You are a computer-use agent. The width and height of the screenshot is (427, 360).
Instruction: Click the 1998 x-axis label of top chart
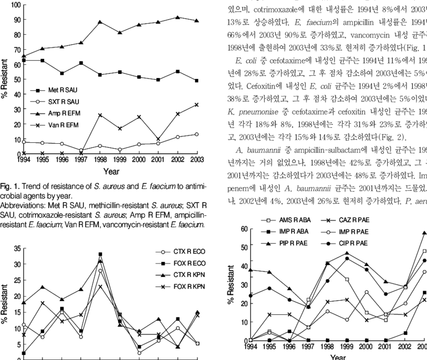click(x=100, y=160)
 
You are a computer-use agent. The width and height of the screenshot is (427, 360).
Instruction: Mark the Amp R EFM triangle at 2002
click(x=178, y=18)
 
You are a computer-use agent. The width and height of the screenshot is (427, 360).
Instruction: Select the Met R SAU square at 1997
click(x=81, y=63)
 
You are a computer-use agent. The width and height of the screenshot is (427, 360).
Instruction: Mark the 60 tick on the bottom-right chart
click(x=245, y=229)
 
